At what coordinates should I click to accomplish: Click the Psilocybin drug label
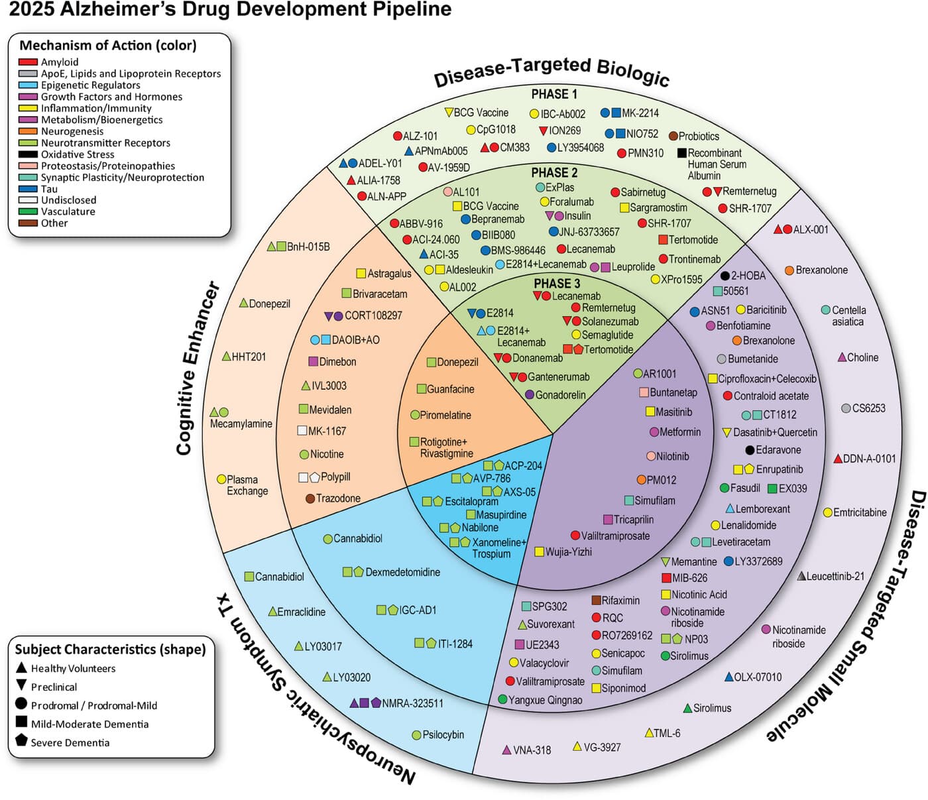point(443,734)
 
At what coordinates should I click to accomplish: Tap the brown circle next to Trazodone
point(310,498)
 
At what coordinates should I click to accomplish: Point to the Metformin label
point(680,432)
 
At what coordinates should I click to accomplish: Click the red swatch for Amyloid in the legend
point(28,62)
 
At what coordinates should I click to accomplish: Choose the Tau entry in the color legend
point(49,189)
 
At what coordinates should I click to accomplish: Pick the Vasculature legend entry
point(68,211)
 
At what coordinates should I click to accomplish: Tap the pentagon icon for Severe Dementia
point(21,741)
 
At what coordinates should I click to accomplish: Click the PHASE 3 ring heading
point(557,283)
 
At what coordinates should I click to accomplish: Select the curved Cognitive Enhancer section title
point(198,368)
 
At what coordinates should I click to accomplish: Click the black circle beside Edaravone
point(750,450)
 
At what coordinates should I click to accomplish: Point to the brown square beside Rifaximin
point(596,600)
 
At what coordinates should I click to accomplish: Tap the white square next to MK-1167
point(302,431)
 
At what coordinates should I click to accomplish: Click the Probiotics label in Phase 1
point(699,136)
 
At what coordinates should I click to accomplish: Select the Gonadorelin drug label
point(560,394)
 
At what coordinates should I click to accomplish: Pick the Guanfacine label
point(450,389)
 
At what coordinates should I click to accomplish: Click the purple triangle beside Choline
point(842,357)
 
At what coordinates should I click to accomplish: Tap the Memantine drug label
point(693,561)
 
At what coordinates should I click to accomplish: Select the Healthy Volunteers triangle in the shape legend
point(21,667)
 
